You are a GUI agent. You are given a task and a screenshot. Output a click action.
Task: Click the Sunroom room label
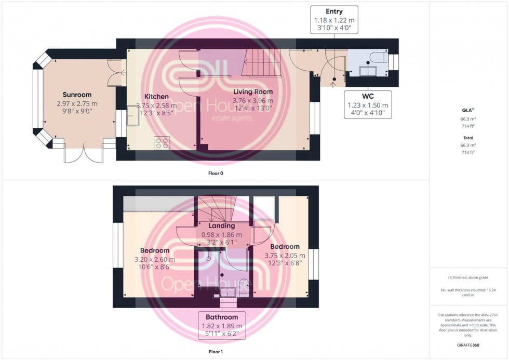pos(77,95)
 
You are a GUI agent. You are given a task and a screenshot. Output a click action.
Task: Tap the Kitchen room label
pos(156,97)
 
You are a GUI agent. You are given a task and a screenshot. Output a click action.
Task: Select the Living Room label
pos(253,92)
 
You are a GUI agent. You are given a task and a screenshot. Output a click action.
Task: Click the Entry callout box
pos(334,20)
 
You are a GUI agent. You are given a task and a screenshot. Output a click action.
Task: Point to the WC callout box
pos(368,104)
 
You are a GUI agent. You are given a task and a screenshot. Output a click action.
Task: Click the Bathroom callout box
pos(221,325)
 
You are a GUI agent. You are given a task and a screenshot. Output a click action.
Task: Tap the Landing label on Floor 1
pos(221,226)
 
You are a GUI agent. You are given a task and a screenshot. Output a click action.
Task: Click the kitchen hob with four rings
pos(162,143)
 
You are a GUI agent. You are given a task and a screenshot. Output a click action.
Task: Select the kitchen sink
pos(133,118)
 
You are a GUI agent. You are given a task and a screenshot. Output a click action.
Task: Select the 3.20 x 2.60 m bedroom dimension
pos(154,259)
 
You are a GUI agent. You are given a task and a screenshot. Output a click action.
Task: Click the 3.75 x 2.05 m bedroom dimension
pos(284,255)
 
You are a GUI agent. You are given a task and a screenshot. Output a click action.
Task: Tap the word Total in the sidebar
pos(468,138)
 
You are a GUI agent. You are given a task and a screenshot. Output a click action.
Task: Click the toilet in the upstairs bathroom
pos(243,285)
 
